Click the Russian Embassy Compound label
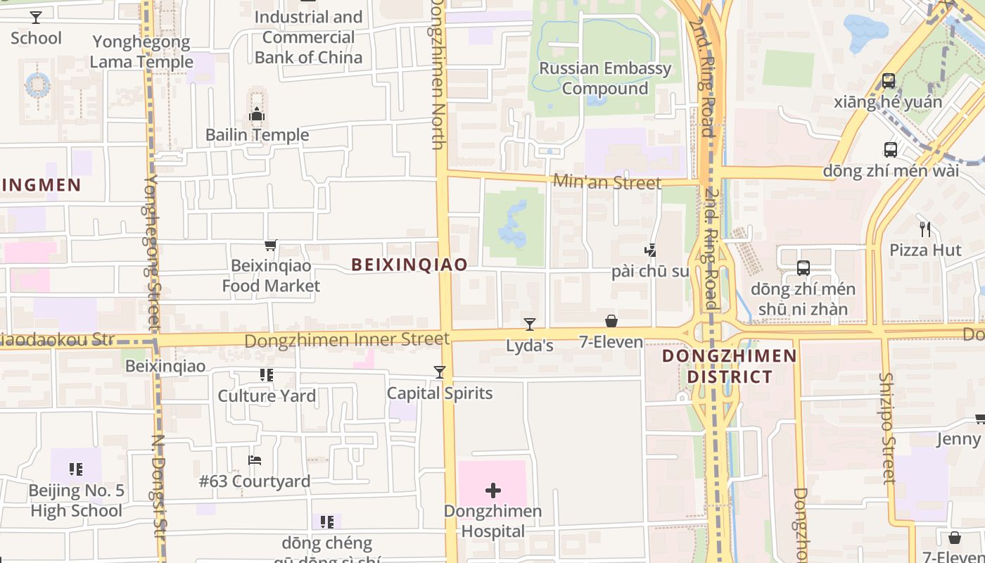pyautogui.click(x=605, y=78)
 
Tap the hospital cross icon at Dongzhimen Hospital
pyautogui.click(x=493, y=491)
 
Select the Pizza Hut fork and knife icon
pyautogui.click(x=925, y=229)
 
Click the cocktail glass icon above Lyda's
pyautogui.click(x=530, y=324)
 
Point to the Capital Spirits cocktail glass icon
pyautogui.click(x=440, y=372)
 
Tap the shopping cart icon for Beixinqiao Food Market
pyautogui.click(x=270, y=246)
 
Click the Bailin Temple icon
pyautogui.click(x=257, y=114)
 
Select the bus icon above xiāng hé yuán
pyautogui.click(x=889, y=81)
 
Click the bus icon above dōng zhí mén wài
pyautogui.click(x=890, y=150)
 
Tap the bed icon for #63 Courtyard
pyautogui.click(x=255, y=460)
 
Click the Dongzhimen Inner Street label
pyautogui.click(x=347, y=341)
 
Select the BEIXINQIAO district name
pyautogui.click(x=409, y=265)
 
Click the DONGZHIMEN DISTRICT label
pyautogui.click(x=730, y=366)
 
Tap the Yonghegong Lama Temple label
pyautogui.click(x=141, y=51)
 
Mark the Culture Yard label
pyautogui.click(x=267, y=396)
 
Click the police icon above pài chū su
pyautogui.click(x=650, y=249)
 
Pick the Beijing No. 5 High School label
pyautogui.click(x=77, y=500)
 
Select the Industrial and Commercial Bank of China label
pyautogui.click(x=308, y=37)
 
